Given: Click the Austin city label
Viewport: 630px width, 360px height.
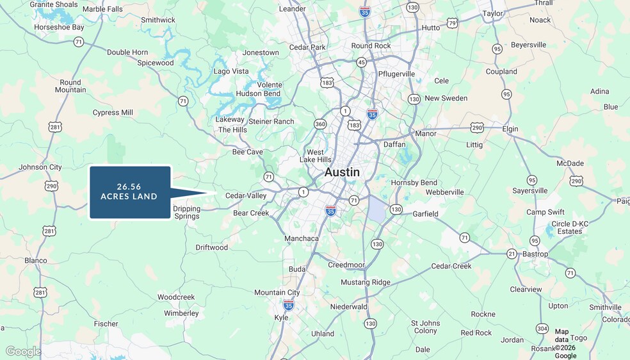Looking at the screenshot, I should coord(342,172).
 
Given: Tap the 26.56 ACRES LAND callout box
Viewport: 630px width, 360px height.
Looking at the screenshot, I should coord(130,192).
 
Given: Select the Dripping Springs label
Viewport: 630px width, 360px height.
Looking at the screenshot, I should coord(186,212).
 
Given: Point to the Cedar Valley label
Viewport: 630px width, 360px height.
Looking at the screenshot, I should coord(246,195).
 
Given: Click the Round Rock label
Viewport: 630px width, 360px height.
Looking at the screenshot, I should coord(371,45).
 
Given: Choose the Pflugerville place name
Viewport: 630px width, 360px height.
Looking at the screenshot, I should coord(396,74).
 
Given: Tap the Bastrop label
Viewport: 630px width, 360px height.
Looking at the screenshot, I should coord(535,254).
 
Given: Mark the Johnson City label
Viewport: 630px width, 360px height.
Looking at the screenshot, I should coord(40,167).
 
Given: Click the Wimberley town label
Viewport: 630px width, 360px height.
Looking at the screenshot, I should coord(181,313).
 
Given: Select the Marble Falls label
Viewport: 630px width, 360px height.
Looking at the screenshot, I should coord(102,9).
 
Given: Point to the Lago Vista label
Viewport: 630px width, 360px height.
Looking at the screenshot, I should coord(231,71).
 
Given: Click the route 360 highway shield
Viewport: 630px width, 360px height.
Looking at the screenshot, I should coord(319,124).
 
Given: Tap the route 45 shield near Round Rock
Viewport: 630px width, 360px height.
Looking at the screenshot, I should coord(361,62).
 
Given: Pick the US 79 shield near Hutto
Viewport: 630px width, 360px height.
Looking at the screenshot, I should coord(452,24).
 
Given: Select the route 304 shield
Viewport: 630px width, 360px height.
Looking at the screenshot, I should coord(542,329).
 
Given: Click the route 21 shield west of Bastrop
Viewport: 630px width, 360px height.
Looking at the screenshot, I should coord(512,254).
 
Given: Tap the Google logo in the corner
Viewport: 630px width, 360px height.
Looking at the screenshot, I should coord(24,351).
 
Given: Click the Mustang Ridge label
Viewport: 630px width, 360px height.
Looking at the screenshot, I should coord(365,282).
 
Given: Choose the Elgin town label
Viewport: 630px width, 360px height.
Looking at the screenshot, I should coord(510,129).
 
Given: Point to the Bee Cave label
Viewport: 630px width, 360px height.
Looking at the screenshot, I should coord(247,152).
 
